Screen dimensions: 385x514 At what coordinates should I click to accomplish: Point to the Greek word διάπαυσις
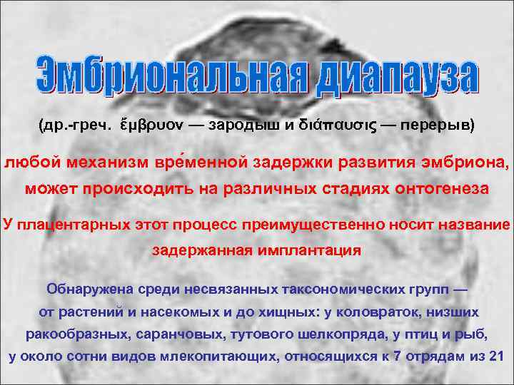[334, 125]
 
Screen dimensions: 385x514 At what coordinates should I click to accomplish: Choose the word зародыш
[243, 125]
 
